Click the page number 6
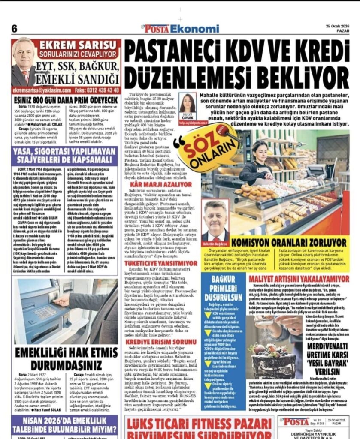point(14,29)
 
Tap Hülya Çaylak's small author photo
point(188,105)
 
